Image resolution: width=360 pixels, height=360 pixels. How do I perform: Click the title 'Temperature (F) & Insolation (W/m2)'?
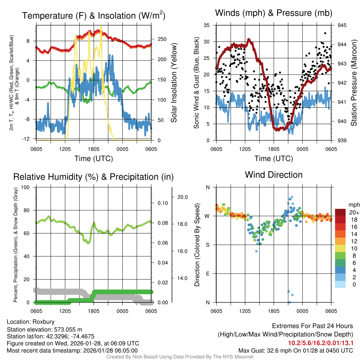pyautogui.click(x=94, y=15)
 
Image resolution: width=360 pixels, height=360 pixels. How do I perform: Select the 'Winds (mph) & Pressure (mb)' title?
pyautogui.click(x=274, y=13)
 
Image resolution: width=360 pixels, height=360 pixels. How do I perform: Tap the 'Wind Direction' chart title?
pyautogui.click(x=274, y=174)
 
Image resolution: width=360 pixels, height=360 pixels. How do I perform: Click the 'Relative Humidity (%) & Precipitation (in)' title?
pyautogui.click(x=93, y=176)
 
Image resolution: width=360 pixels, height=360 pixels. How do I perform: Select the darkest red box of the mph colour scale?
pyautogui.click(x=340, y=212)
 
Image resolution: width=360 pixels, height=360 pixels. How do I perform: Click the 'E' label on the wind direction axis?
pyautogui.click(x=207, y=273)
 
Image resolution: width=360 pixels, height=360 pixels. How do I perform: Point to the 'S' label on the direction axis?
pyautogui.click(x=207, y=245)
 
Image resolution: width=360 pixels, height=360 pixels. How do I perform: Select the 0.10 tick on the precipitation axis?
pyautogui.click(x=162, y=203)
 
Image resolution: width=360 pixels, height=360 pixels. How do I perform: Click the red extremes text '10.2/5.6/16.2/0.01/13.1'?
pyautogui.click(x=320, y=343)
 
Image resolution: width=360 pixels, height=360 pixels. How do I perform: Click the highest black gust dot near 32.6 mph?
pyautogui.click(x=326, y=33)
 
